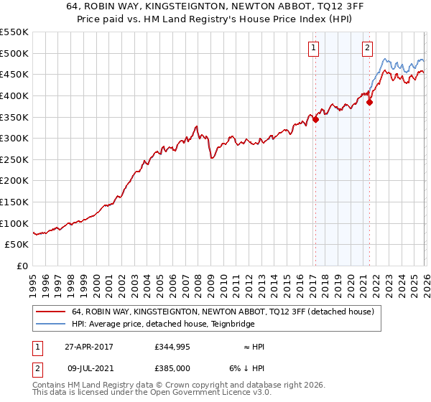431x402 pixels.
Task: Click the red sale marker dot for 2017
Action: point(315,119)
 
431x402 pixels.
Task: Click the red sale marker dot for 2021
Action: point(369,102)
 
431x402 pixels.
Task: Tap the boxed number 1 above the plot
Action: point(314,48)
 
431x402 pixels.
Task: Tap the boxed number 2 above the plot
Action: point(367,48)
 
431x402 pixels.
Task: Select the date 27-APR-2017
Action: point(88,346)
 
